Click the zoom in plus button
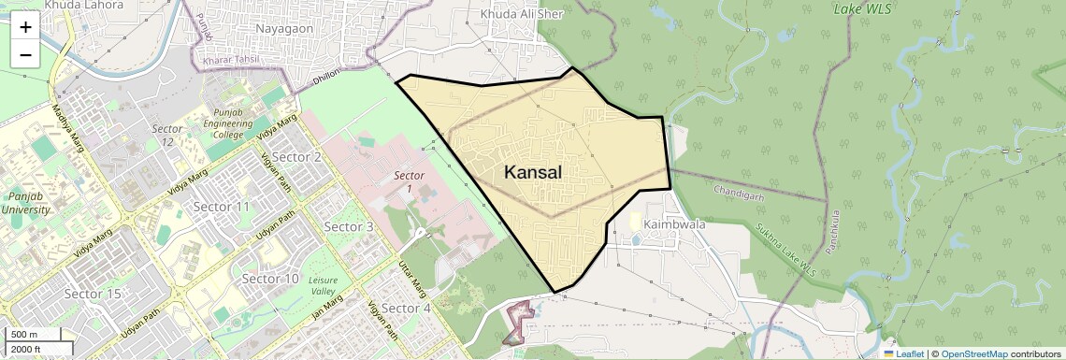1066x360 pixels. tap(25, 27)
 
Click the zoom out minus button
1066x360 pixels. tap(25, 54)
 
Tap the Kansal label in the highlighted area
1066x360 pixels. tap(533, 172)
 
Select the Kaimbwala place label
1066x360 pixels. tap(673, 224)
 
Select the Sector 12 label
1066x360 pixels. tap(167, 135)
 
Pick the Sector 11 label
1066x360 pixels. tap(221, 206)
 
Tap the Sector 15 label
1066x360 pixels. tap(94, 294)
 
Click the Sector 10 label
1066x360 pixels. tap(270, 279)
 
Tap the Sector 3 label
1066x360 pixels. tap(348, 226)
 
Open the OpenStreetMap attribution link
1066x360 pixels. tap(973, 353)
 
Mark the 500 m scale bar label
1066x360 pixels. tap(24, 335)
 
